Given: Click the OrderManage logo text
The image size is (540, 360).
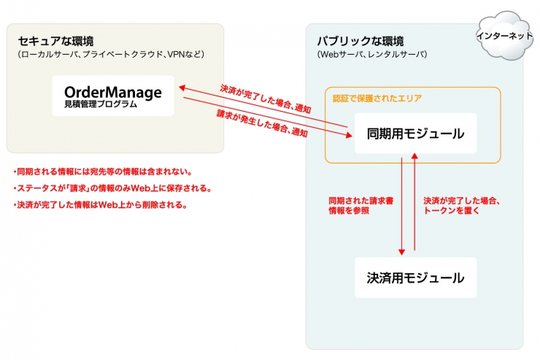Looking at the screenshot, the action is point(113,92).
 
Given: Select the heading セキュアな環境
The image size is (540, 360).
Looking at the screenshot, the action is point(55,41).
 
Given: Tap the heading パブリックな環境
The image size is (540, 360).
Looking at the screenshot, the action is point(360,41).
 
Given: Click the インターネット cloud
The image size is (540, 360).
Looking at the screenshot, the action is point(504,36).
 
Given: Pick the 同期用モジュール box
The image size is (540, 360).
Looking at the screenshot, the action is point(416,134).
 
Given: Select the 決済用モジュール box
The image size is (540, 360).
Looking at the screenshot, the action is point(416,277).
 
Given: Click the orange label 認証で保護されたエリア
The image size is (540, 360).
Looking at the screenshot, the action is point(377,99).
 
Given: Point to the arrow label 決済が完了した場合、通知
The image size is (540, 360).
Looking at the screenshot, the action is point(266,99).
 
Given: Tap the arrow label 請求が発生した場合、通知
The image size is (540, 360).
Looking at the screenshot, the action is point(262,123).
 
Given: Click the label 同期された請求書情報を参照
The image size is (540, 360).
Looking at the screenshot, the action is point(361,206).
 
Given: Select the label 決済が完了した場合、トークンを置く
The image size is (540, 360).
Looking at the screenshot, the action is point(461,206).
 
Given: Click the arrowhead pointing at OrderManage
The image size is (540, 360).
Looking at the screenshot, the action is point(182,88).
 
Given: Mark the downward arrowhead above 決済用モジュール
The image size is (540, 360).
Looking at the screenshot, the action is point(401,252).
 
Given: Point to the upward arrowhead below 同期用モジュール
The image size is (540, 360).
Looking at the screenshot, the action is point(414,156).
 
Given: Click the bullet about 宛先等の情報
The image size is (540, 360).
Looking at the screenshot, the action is point(103,172).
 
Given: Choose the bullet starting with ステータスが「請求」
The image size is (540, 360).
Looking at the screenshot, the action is point(112,188).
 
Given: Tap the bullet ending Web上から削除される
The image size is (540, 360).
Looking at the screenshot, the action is point(100,205).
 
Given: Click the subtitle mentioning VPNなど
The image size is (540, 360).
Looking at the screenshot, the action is point(111,54).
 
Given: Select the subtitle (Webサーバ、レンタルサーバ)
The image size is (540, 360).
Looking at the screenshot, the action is point(372,54).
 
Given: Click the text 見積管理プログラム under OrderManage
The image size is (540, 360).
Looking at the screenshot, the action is point(101,104).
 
